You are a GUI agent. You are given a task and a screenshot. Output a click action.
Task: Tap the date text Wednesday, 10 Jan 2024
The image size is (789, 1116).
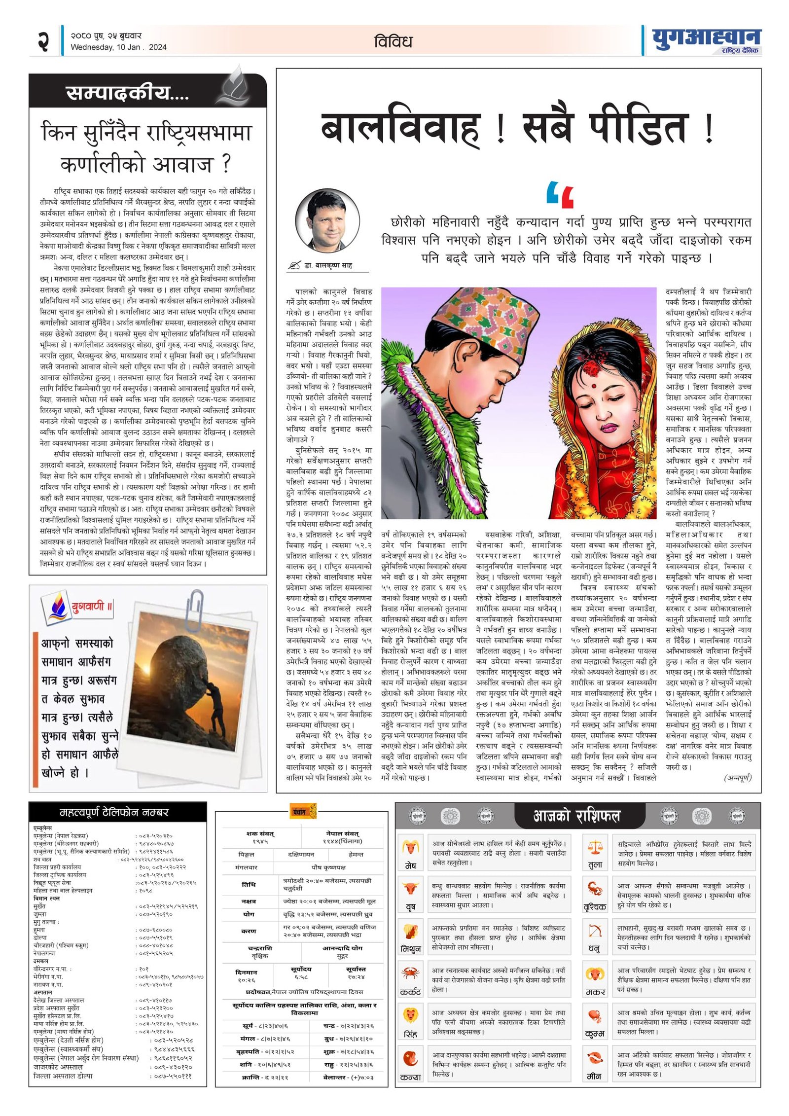pos(118,47)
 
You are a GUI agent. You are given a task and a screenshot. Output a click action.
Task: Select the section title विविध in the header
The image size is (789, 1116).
pos(393,41)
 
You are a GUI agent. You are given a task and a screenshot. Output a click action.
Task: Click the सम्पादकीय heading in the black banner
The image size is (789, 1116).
pos(127,93)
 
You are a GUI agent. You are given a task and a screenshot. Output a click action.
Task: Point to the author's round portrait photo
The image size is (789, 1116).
pos(327,220)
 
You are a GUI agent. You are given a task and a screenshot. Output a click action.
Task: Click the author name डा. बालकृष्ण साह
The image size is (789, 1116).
pos(328,265)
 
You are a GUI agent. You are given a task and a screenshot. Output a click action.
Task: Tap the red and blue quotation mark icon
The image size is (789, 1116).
pos(560,195)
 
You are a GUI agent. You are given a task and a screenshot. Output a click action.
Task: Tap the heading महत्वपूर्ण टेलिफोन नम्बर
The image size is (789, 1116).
pos(114,812)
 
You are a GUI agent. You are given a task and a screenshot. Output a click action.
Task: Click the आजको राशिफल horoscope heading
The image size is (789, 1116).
pos(576,816)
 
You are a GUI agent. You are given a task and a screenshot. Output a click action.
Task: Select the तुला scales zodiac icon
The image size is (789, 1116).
pos(595,848)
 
